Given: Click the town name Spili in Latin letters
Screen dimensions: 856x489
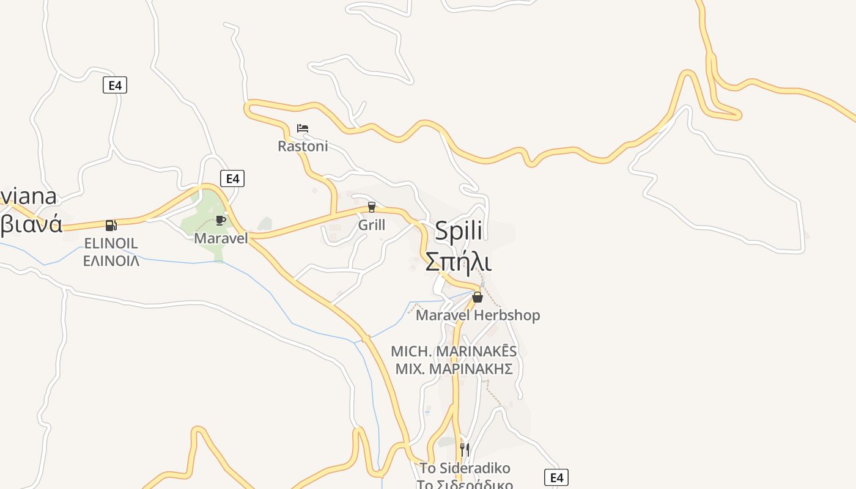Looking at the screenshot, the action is pyautogui.click(x=459, y=231).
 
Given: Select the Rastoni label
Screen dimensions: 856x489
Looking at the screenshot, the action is pyautogui.click(x=303, y=146).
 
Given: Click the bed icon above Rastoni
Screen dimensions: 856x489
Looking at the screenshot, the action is pyautogui.click(x=303, y=128).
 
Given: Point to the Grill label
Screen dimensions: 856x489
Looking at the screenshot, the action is pyautogui.click(x=372, y=225).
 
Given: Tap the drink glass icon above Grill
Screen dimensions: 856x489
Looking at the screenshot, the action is pyautogui.click(x=371, y=207).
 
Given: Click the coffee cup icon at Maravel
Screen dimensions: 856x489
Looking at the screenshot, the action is pyautogui.click(x=221, y=220).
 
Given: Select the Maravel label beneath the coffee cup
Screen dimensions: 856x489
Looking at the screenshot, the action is pyautogui.click(x=221, y=238).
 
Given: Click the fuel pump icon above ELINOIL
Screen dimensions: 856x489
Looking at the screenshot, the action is pyautogui.click(x=111, y=226).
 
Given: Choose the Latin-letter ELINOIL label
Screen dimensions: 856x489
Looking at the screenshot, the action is pyautogui.click(x=111, y=243).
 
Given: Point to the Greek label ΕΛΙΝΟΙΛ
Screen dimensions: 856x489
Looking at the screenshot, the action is pyautogui.click(x=111, y=261).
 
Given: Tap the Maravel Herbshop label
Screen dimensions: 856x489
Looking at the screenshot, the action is pyautogui.click(x=478, y=315).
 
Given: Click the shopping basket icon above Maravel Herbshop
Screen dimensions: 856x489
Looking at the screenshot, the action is pyautogui.click(x=478, y=297).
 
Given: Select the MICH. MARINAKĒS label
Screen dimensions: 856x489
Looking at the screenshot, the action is pyautogui.click(x=454, y=351).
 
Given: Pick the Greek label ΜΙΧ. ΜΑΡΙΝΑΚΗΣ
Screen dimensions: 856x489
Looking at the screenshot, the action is pyautogui.click(x=454, y=369).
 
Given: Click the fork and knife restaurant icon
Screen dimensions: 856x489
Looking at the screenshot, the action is pyautogui.click(x=465, y=450).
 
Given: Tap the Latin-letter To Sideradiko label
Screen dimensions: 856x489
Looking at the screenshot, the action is pyautogui.click(x=465, y=468).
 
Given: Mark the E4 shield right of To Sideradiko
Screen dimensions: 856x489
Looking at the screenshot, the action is pyautogui.click(x=556, y=477).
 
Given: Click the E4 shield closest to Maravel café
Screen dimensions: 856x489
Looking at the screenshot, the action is pyautogui.click(x=232, y=178).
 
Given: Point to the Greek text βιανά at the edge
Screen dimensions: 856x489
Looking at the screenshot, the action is pyautogui.click(x=31, y=225).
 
